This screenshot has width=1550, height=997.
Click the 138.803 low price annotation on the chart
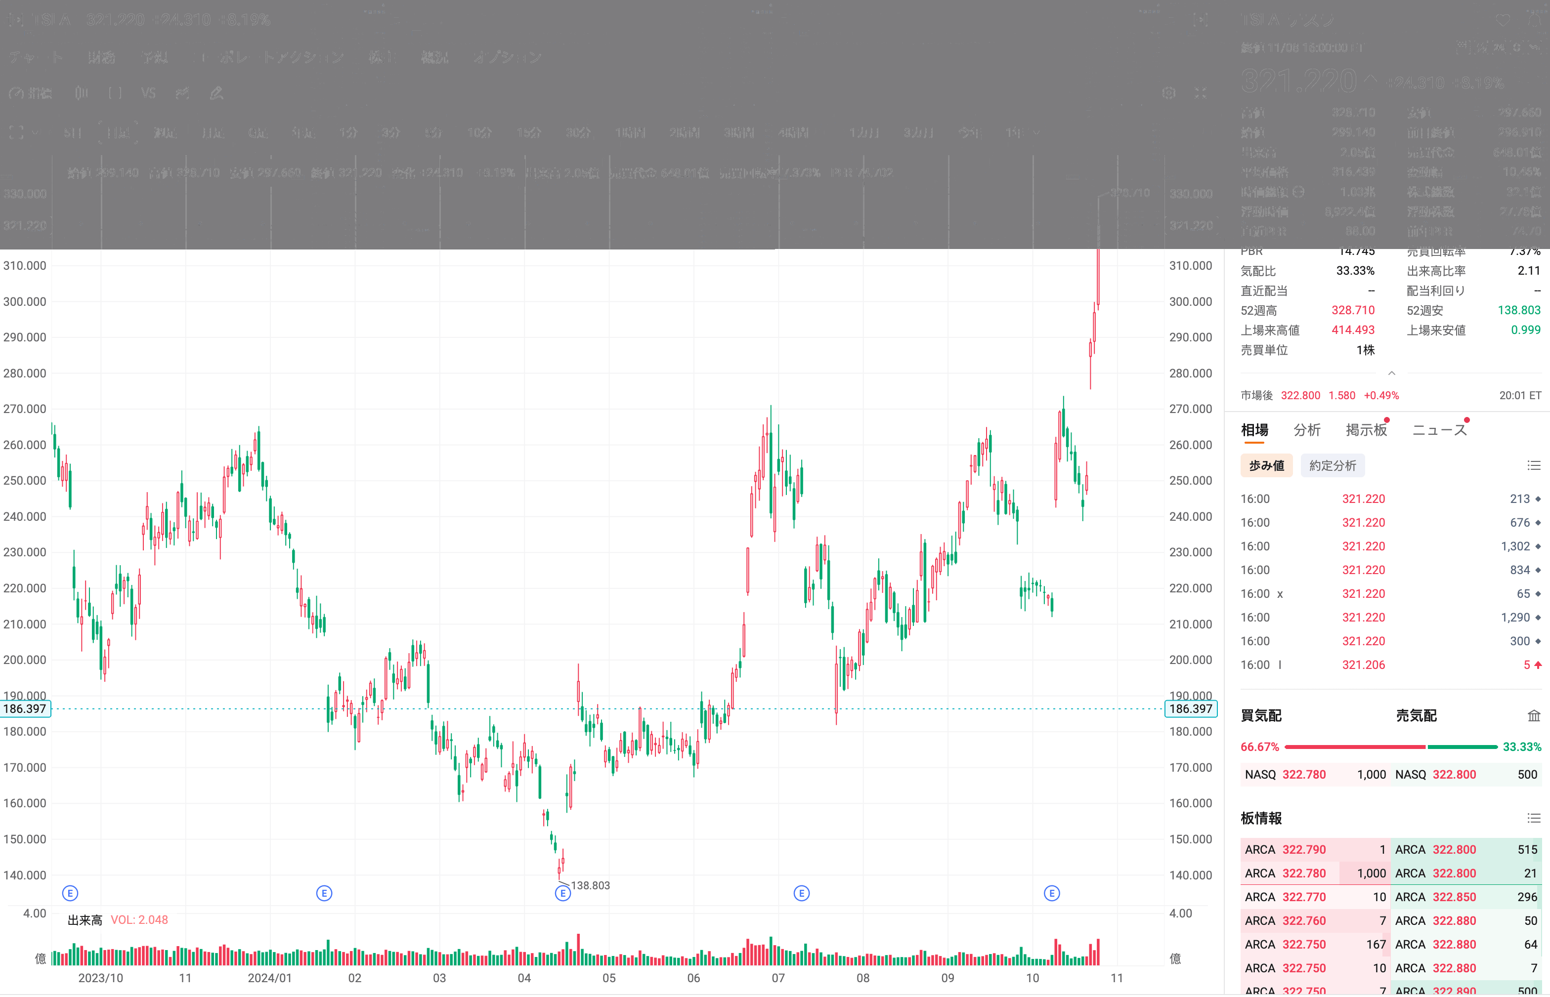click(590, 885)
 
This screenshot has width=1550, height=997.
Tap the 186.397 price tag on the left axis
click(25, 709)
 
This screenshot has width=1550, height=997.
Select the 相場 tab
click(1254, 430)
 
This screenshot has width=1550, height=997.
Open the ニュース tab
click(1439, 430)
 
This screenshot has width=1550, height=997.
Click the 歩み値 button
click(1266, 465)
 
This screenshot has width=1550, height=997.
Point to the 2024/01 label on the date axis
click(269, 978)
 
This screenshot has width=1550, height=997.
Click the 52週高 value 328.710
click(1352, 310)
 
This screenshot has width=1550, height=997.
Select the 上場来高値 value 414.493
click(1352, 330)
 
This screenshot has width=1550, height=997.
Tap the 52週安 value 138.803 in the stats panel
click(1518, 310)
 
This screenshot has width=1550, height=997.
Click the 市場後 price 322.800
click(1300, 396)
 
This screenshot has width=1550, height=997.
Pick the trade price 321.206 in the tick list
click(1363, 665)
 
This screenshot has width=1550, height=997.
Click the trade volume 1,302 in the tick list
click(1515, 546)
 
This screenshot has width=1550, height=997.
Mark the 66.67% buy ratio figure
click(1259, 747)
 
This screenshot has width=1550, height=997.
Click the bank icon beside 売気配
click(1533, 715)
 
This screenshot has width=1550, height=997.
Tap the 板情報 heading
click(1260, 818)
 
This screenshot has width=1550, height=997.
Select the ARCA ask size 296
click(1527, 897)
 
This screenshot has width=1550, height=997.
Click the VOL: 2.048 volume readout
click(139, 920)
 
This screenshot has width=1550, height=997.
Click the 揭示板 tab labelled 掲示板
click(1366, 430)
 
